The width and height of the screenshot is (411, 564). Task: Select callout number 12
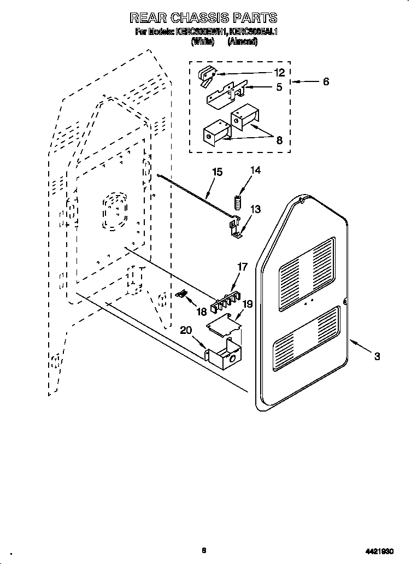pos(279,73)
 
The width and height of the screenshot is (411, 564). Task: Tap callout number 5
pos(279,87)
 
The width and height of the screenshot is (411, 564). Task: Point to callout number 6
pos(326,82)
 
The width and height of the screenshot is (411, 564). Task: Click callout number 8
pos(279,140)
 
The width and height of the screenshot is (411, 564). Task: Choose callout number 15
pos(217,172)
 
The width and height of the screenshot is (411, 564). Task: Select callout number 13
pos(255,209)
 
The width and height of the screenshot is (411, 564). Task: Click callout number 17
pos(242,267)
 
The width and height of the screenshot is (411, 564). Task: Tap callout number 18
pos(201,312)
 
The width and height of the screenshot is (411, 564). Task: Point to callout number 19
pos(248,304)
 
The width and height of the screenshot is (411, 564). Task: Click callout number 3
pos(377,357)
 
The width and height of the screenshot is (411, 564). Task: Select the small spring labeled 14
pos(238,202)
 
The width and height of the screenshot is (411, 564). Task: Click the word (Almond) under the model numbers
pos(243,42)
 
